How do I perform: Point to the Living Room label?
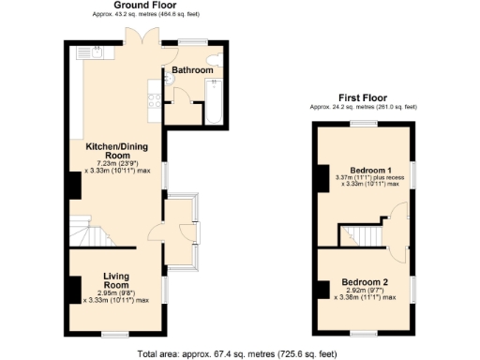[116, 278]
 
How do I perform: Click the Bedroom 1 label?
[366, 169]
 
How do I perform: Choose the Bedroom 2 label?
[364, 282]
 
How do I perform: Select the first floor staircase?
[361, 234]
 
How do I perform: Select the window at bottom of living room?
[115, 335]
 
